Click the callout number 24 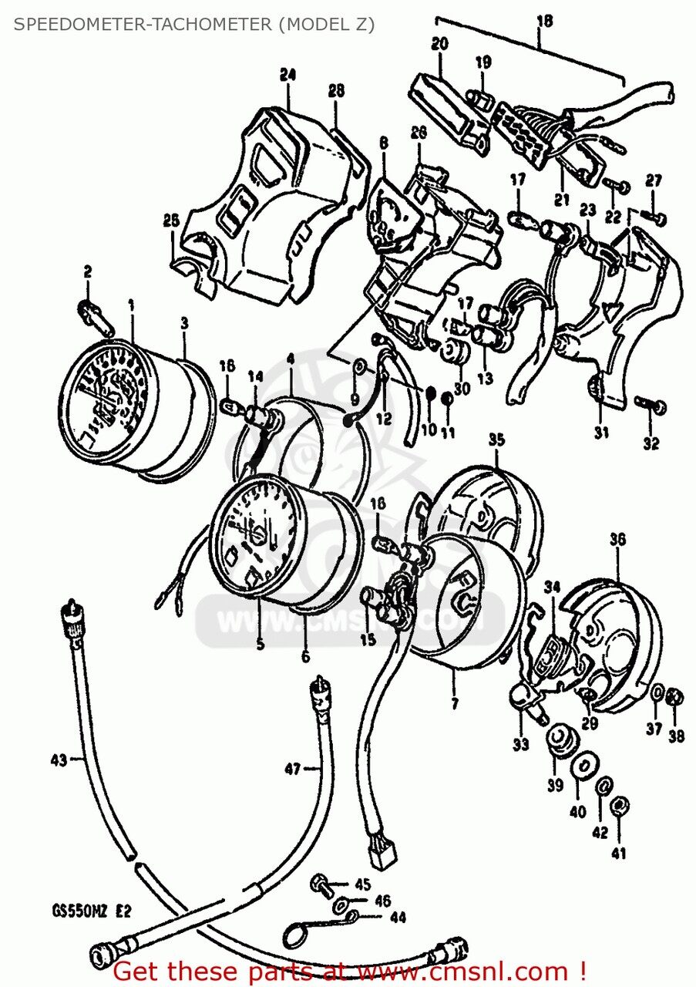[x=287, y=76]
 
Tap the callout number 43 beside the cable [x=58, y=760]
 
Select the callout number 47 [x=292, y=767]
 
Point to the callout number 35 [x=496, y=440]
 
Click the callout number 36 [x=617, y=539]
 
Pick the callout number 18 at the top [x=544, y=21]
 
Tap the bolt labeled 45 [x=320, y=883]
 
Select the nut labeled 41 [x=617, y=806]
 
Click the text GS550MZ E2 [x=81, y=911]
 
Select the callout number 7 [x=454, y=703]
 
